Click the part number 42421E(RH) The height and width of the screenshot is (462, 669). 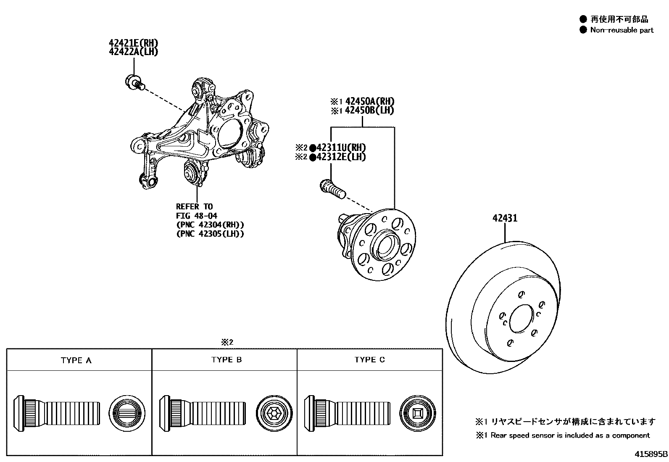(134, 43)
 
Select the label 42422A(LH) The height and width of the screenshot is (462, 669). (134, 52)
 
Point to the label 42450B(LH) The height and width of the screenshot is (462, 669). (369, 111)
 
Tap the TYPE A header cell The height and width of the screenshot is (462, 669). (76, 360)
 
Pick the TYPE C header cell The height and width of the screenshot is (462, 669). (369, 360)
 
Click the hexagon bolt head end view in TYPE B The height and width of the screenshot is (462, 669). (274, 413)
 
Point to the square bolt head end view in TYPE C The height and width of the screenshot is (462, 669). (418, 413)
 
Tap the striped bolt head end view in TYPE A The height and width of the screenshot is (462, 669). (127, 413)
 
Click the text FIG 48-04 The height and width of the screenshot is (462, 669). (196, 216)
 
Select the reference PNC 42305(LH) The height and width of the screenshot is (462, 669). (210, 234)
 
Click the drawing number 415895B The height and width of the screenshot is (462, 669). (651, 454)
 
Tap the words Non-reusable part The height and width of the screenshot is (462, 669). (622, 30)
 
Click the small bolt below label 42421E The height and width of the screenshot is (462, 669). (134, 82)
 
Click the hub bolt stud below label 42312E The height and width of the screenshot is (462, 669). (332, 189)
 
